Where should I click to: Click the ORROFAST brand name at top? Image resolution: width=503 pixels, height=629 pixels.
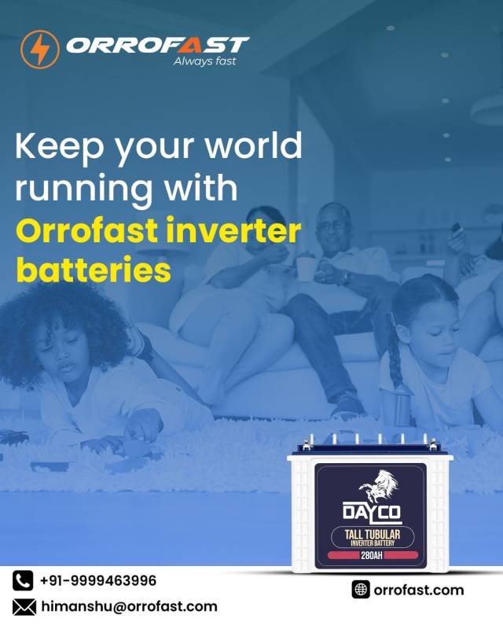pos(157,45)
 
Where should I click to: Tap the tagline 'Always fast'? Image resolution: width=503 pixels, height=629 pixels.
pos(204,62)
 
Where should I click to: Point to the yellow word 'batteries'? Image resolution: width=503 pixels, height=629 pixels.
pos(94,270)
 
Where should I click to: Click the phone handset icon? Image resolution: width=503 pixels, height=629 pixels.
pos(24,581)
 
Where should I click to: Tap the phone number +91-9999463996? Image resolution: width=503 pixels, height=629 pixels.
pos(98,581)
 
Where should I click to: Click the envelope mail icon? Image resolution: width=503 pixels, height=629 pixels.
pos(24,606)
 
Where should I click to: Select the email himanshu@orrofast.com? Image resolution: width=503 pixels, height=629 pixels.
pos(129,606)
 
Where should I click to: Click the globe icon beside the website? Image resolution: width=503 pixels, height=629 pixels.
pos(361,590)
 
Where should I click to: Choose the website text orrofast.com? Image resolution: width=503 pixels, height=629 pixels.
pos(419,590)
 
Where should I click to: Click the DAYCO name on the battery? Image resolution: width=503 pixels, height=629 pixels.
pos(371,513)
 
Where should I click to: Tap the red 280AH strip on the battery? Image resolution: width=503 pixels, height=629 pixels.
pos(371,555)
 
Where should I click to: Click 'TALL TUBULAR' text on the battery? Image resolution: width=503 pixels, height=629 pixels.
pos(372,535)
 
